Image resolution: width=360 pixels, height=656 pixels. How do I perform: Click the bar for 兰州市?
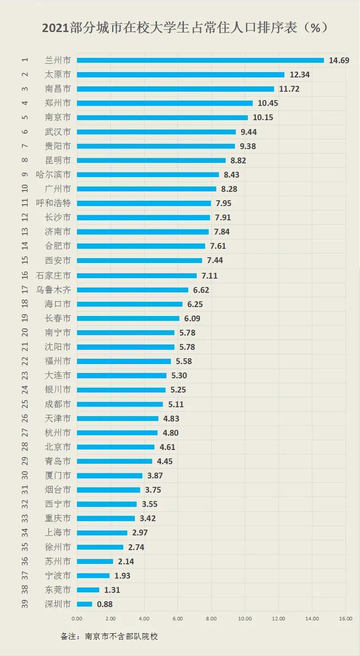click(200, 60)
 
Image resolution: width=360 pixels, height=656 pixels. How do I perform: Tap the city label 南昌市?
click(58, 89)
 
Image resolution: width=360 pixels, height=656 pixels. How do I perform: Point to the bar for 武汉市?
click(156, 132)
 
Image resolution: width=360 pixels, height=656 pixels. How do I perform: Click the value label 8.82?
click(238, 160)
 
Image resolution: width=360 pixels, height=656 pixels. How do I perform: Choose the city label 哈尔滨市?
click(53, 174)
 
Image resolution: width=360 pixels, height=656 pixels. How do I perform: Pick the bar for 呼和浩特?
click(144, 203)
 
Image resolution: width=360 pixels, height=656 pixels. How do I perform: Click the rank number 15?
click(25, 260)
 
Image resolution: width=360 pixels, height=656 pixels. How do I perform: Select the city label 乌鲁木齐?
click(53, 290)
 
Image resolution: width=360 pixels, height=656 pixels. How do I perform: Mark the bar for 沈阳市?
click(125, 347)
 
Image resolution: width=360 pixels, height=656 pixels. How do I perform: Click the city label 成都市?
click(58, 405)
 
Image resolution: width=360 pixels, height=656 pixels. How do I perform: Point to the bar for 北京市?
click(116, 447)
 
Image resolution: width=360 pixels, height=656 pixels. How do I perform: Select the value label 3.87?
click(154, 476)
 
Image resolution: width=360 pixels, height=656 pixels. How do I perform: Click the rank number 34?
click(25, 533)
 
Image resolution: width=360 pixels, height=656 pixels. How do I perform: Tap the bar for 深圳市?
click(85, 604)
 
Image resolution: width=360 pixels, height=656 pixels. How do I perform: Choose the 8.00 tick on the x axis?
click(211, 619)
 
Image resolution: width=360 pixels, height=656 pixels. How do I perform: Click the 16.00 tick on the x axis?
click(346, 619)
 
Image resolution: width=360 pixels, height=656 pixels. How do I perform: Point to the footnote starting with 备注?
click(109, 636)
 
